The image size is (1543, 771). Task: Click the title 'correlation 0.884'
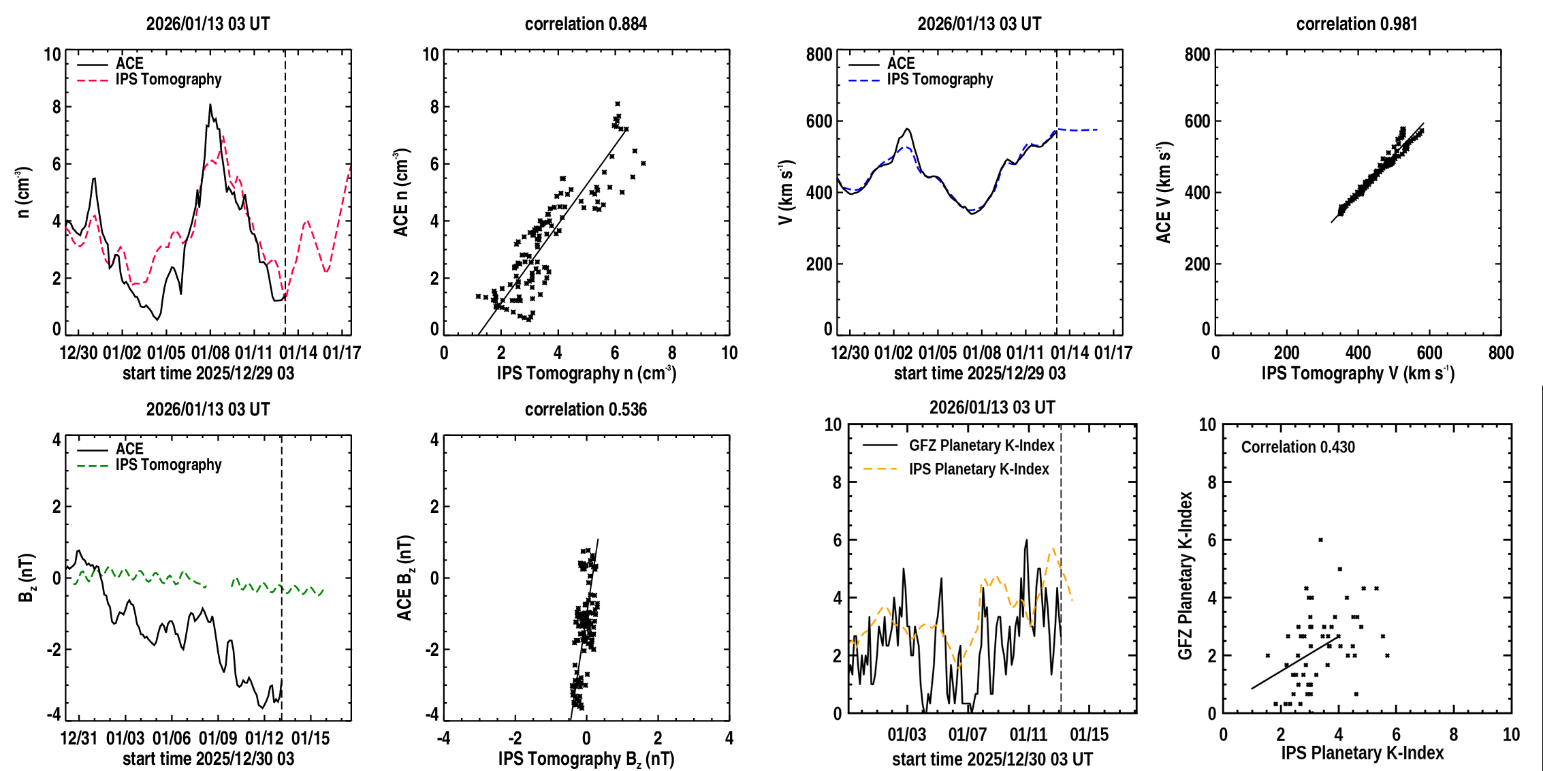pos(586,24)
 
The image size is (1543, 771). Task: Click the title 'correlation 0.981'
pos(1356,24)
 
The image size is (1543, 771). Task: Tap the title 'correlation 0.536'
pos(586,409)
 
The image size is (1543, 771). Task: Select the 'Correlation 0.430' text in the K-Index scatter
pos(1298,447)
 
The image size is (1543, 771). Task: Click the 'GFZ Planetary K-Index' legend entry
pos(981,445)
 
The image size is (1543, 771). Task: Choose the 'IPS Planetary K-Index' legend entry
pos(979,469)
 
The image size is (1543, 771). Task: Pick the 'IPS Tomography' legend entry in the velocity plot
pos(940,80)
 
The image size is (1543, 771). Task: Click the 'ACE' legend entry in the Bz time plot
pos(129,449)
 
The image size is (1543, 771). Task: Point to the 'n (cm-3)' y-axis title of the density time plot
pos(24,192)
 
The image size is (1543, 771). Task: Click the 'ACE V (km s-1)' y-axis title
pos(1164,192)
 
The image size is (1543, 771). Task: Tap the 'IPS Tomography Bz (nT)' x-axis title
pos(586,759)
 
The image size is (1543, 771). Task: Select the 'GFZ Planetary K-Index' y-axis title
pos(1186,576)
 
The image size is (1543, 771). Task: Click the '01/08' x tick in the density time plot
pos(210,353)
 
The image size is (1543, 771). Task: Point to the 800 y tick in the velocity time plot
pos(819,54)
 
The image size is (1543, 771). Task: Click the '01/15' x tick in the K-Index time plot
pos(1089,735)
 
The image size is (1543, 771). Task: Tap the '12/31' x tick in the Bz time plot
pos(79,738)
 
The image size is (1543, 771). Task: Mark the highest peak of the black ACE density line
pos(210,105)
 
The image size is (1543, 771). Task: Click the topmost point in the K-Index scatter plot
pos(1320,540)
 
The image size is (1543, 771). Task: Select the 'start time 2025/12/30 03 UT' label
pos(992,759)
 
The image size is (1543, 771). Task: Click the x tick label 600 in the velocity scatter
pos(1429,353)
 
